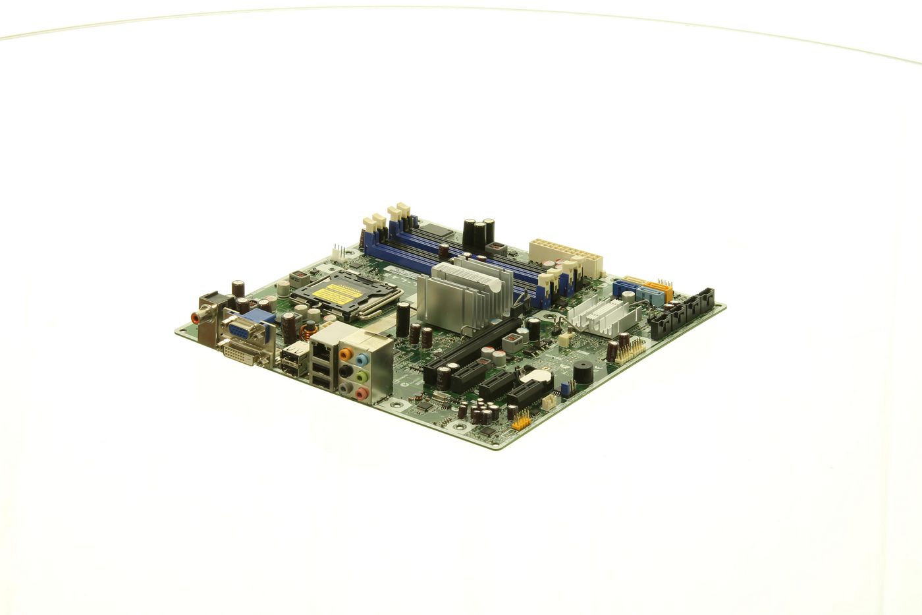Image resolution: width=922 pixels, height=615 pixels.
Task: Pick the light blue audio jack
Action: (362, 361)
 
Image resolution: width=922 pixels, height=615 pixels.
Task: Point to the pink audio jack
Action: (360, 394)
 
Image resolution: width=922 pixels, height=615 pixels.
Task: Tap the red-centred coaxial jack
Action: (196, 318)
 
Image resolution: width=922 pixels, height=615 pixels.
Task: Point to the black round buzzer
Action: (582, 372)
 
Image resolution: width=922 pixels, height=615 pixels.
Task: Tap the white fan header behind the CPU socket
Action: (339, 252)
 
